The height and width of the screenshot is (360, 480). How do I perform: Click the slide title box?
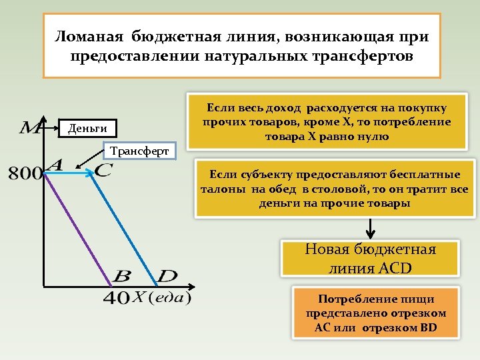(241, 45)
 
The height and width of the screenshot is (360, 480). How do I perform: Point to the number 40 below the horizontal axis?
(116, 298)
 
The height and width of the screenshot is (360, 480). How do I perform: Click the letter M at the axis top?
(29, 127)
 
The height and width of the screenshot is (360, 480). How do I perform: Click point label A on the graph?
(54, 165)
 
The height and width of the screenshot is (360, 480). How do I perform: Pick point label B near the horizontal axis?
(123, 275)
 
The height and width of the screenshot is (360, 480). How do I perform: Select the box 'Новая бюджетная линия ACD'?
(370, 259)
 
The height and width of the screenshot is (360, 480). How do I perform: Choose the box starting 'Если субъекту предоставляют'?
(335, 189)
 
